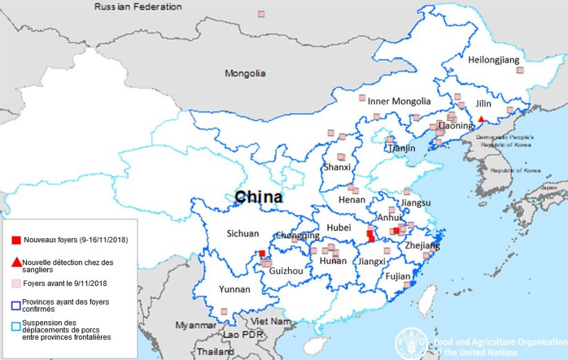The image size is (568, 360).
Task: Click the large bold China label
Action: (258, 197)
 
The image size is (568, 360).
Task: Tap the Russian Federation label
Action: (138, 7)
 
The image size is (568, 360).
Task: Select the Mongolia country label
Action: (245, 73)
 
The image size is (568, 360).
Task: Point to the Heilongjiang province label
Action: (493, 60)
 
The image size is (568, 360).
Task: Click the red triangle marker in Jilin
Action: (481, 118)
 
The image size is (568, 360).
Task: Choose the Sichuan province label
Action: (243, 234)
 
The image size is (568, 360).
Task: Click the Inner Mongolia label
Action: (399, 101)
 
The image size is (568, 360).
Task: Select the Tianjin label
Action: (402, 148)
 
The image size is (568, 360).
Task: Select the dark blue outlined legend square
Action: (15, 303)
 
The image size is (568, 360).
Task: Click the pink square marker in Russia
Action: (261, 14)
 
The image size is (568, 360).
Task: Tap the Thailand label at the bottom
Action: (215, 352)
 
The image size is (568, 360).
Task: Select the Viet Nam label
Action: (269, 322)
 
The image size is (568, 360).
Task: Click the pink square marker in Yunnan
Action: (224, 312)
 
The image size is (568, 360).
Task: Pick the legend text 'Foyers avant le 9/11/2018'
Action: (64, 283)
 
